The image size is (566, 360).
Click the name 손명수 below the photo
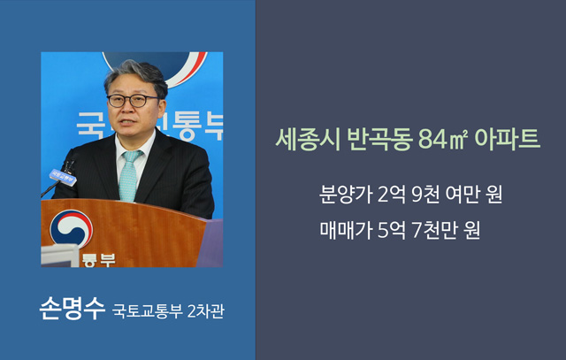[73, 309]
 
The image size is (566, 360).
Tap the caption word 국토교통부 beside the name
[147, 310]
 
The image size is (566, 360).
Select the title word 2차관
[206, 310]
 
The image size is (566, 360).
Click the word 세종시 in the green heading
[308, 139]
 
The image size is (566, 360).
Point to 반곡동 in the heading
[379, 139]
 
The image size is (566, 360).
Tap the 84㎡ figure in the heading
[443, 139]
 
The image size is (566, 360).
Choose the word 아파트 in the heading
[507, 139]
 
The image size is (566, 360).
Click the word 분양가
[346, 195]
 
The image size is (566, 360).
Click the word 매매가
[346, 230]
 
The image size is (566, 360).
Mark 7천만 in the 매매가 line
[432, 230]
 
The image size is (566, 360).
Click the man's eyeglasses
[133, 101]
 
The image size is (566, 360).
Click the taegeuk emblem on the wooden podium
[71, 229]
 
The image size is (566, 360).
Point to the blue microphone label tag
[63, 177]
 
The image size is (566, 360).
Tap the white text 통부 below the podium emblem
[98, 260]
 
